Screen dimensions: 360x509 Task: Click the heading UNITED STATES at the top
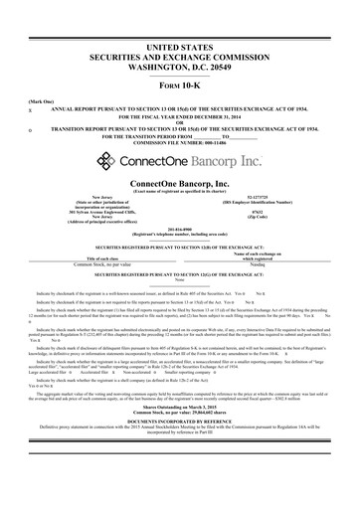tap(180, 48)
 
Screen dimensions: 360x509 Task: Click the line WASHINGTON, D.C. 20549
tap(180, 69)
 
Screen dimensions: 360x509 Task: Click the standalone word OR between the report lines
tap(180, 123)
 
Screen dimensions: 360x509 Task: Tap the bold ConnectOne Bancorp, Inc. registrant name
tap(180, 185)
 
